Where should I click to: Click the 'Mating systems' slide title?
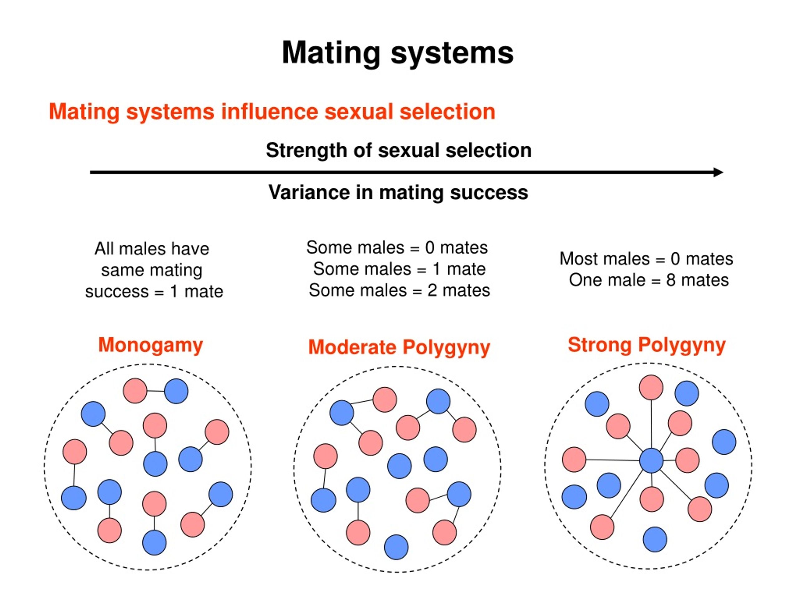[397, 53]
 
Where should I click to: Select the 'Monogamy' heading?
[151, 345]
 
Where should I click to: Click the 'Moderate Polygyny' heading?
[399, 347]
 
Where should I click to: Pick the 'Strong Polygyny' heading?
[647, 345]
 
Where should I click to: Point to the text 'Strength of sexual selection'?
[399, 150]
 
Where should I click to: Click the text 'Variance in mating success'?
[398, 192]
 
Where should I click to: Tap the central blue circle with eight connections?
[651, 461]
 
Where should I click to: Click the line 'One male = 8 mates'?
[649, 280]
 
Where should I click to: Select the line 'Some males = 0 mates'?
[397, 248]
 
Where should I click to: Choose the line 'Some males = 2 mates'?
[399, 290]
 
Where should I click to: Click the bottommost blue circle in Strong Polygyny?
[655, 539]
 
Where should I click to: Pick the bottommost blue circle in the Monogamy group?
[154, 543]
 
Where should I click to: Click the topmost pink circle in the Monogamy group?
[135, 391]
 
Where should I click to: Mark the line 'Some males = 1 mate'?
[399, 269]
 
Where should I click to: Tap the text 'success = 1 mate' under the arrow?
[154, 291]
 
